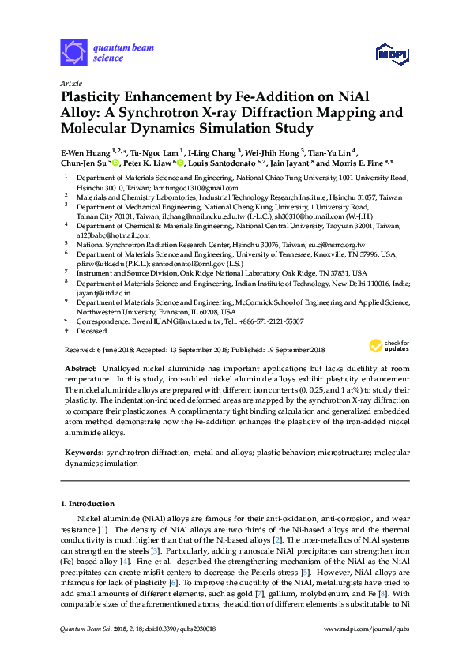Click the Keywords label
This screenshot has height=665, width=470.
84,453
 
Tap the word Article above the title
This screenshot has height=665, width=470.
71,82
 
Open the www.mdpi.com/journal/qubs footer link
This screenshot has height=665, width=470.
368,650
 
